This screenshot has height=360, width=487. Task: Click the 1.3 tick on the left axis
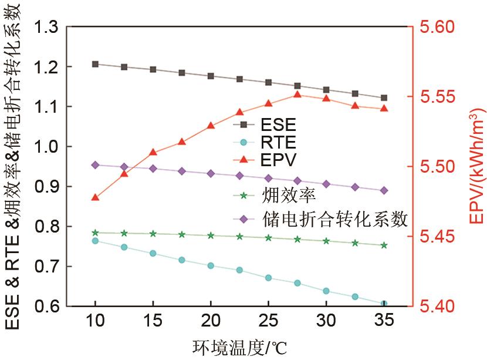click(47, 27)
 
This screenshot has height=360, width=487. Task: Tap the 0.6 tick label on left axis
click(47, 306)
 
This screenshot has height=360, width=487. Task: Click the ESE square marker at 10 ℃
click(95, 63)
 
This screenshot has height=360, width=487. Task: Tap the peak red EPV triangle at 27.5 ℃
click(297, 95)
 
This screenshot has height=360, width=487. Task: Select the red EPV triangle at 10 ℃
click(95, 197)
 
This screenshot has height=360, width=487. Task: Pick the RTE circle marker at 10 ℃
click(95, 241)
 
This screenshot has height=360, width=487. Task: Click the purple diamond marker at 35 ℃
click(384, 190)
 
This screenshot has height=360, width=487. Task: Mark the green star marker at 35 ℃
click(384, 245)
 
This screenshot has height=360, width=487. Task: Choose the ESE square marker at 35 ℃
click(384, 97)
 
